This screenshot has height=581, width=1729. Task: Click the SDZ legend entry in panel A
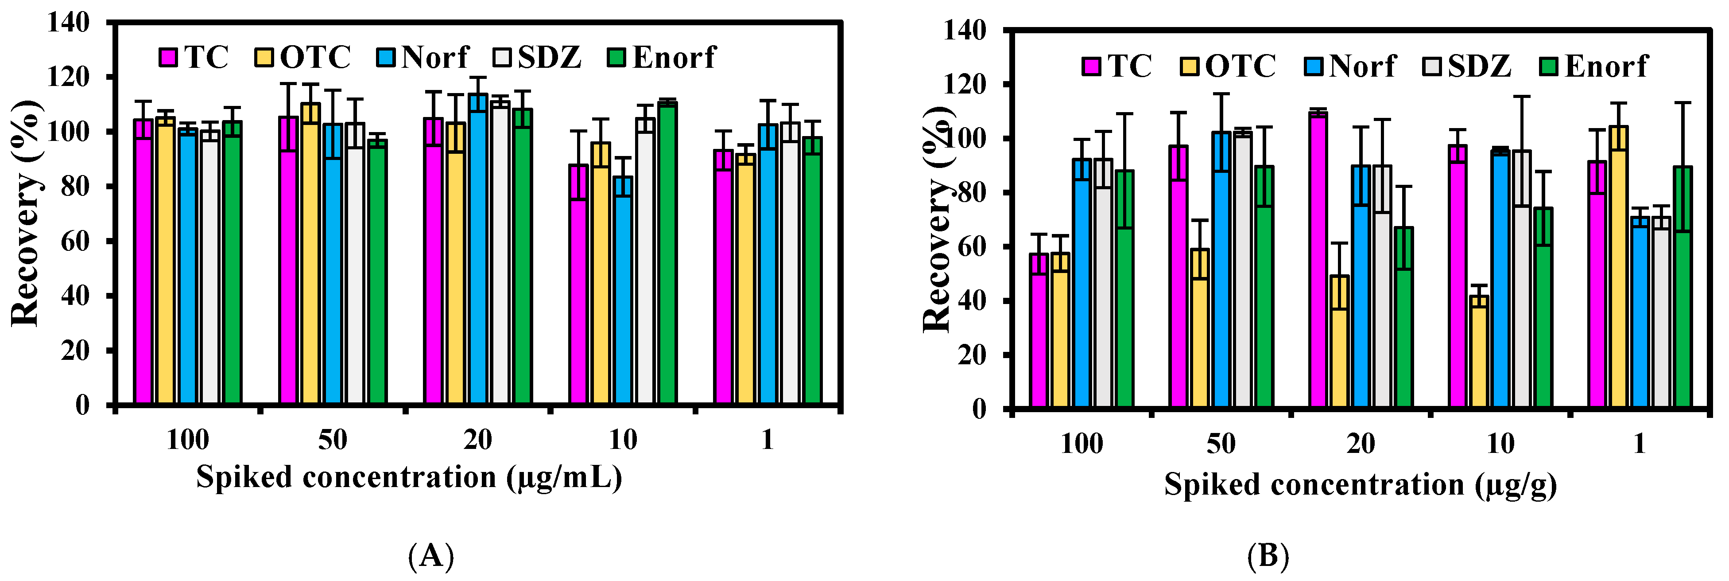[537, 57]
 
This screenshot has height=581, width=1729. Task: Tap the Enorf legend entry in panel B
[1593, 66]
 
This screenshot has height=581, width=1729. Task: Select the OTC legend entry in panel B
[1228, 66]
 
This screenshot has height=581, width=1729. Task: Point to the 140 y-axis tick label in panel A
[69, 23]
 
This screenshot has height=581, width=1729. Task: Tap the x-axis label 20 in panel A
[478, 440]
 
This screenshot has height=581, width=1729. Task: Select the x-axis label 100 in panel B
[1082, 444]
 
